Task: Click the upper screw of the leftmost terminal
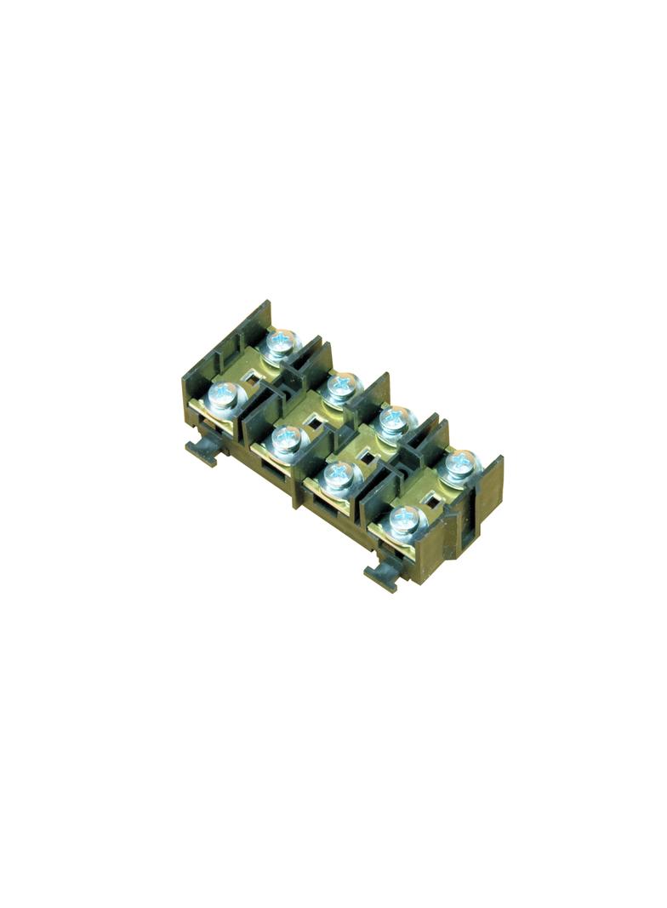[281, 342]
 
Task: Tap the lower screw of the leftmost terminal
[223, 395]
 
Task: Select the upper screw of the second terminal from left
[341, 386]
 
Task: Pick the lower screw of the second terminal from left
[285, 440]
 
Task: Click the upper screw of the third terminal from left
[392, 419]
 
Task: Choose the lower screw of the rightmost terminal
[403, 518]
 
